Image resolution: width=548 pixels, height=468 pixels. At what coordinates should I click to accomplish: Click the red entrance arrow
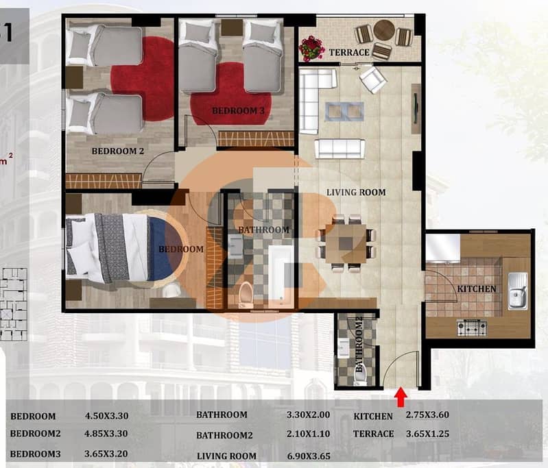click(x=401, y=397)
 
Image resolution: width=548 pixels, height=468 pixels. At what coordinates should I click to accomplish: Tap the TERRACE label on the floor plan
click(x=349, y=52)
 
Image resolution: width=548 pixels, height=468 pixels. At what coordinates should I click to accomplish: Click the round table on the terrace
click(x=384, y=30)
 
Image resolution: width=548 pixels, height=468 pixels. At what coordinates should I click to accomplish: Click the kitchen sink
click(x=517, y=291)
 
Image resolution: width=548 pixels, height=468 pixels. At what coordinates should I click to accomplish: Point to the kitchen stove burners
click(x=472, y=328)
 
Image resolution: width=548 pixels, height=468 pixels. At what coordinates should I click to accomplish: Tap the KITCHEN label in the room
click(x=477, y=289)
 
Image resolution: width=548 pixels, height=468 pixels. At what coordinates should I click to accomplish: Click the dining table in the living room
click(x=346, y=243)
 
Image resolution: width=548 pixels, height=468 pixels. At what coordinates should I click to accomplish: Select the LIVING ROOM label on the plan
click(x=356, y=192)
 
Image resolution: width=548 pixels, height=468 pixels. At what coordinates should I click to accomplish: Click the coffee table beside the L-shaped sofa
click(x=344, y=112)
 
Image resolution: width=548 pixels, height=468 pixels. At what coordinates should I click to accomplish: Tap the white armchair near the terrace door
click(x=373, y=80)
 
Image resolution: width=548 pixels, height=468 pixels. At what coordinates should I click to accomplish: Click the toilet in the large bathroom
click(x=246, y=294)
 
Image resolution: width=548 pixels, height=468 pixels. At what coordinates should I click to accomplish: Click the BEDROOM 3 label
click(x=239, y=111)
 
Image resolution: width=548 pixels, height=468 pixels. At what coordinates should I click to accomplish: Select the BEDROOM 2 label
click(x=118, y=151)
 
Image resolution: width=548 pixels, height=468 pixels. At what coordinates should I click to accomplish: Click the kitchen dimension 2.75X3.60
click(x=427, y=415)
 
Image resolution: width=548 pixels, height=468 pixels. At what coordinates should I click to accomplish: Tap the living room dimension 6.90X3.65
click(x=309, y=456)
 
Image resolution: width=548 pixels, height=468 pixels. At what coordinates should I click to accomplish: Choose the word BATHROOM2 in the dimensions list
click(x=224, y=436)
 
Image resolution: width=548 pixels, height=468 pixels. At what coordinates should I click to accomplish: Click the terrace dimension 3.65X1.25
click(x=427, y=434)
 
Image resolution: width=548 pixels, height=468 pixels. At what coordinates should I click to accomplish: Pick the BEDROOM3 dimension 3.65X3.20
click(x=106, y=454)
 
